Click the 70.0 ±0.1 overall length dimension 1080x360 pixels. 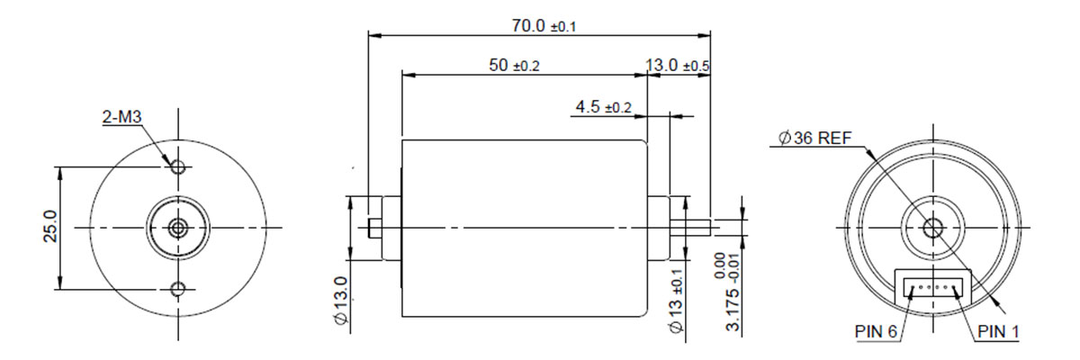click(x=544, y=26)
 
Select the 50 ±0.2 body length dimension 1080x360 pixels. click(x=514, y=65)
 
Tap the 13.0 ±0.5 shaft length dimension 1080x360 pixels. click(x=678, y=65)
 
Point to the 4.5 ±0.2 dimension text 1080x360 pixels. click(x=603, y=106)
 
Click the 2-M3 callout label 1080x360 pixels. click(x=121, y=117)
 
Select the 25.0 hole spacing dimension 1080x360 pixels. click(x=50, y=226)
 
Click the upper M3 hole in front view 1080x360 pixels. click(x=178, y=167)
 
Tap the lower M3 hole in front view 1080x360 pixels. click(x=178, y=289)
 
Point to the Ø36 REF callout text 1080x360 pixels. click(x=814, y=139)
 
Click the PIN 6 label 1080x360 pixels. click(x=876, y=331)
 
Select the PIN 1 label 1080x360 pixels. click(x=998, y=331)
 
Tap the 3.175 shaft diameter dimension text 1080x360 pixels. click(x=733, y=310)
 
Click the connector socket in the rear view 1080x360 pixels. click(x=933, y=288)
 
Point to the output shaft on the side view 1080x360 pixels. click(x=689, y=228)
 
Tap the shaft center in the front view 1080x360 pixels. click(x=178, y=228)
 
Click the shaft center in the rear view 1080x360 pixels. click(x=933, y=228)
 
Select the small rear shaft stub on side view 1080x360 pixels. click(x=374, y=229)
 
